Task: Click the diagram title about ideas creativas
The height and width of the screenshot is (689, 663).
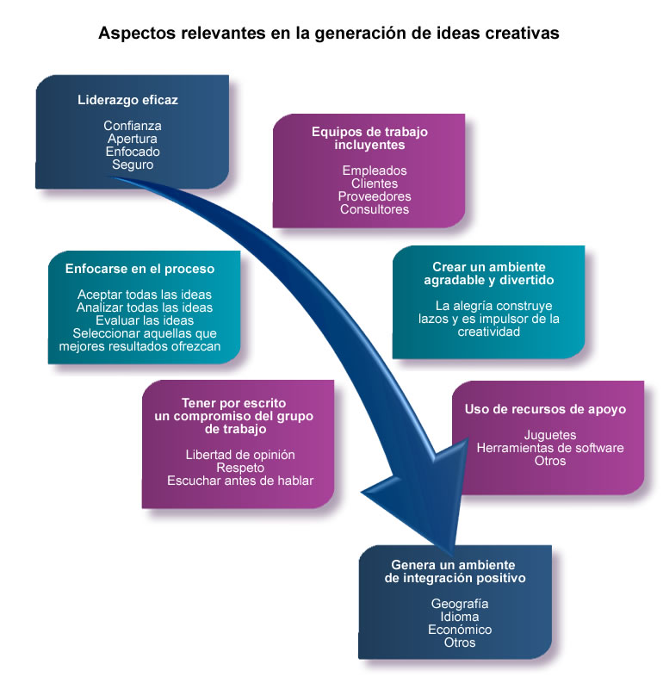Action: (329, 34)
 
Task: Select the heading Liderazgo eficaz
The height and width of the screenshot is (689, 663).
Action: (127, 100)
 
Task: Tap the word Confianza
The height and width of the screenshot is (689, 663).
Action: (133, 126)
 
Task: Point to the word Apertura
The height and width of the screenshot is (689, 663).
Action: (133, 139)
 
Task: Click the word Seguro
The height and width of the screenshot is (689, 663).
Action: (133, 164)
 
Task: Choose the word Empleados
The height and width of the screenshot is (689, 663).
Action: (375, 171)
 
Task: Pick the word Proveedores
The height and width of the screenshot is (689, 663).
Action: (375, 196)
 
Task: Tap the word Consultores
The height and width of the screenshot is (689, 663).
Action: (375, 209)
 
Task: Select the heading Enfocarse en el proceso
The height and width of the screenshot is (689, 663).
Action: (139, 269)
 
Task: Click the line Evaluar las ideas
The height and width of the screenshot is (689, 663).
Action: (145, 320)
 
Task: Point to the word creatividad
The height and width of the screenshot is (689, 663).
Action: (488, 332)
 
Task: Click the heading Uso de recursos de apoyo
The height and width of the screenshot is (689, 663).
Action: (545, 410)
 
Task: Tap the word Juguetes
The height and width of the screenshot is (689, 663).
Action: (550, 435)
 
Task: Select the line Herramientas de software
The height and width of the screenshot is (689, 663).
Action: (550, 448)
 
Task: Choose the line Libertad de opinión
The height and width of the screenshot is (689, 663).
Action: (240, 455)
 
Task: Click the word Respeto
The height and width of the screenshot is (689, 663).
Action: (240, 468)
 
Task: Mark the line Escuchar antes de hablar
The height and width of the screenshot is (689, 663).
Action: (240, 481)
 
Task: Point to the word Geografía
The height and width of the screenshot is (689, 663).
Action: (460, 605)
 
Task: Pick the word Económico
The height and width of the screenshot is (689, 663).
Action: (460, 630)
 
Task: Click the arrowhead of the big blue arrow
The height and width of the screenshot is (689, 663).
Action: (422, 497)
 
